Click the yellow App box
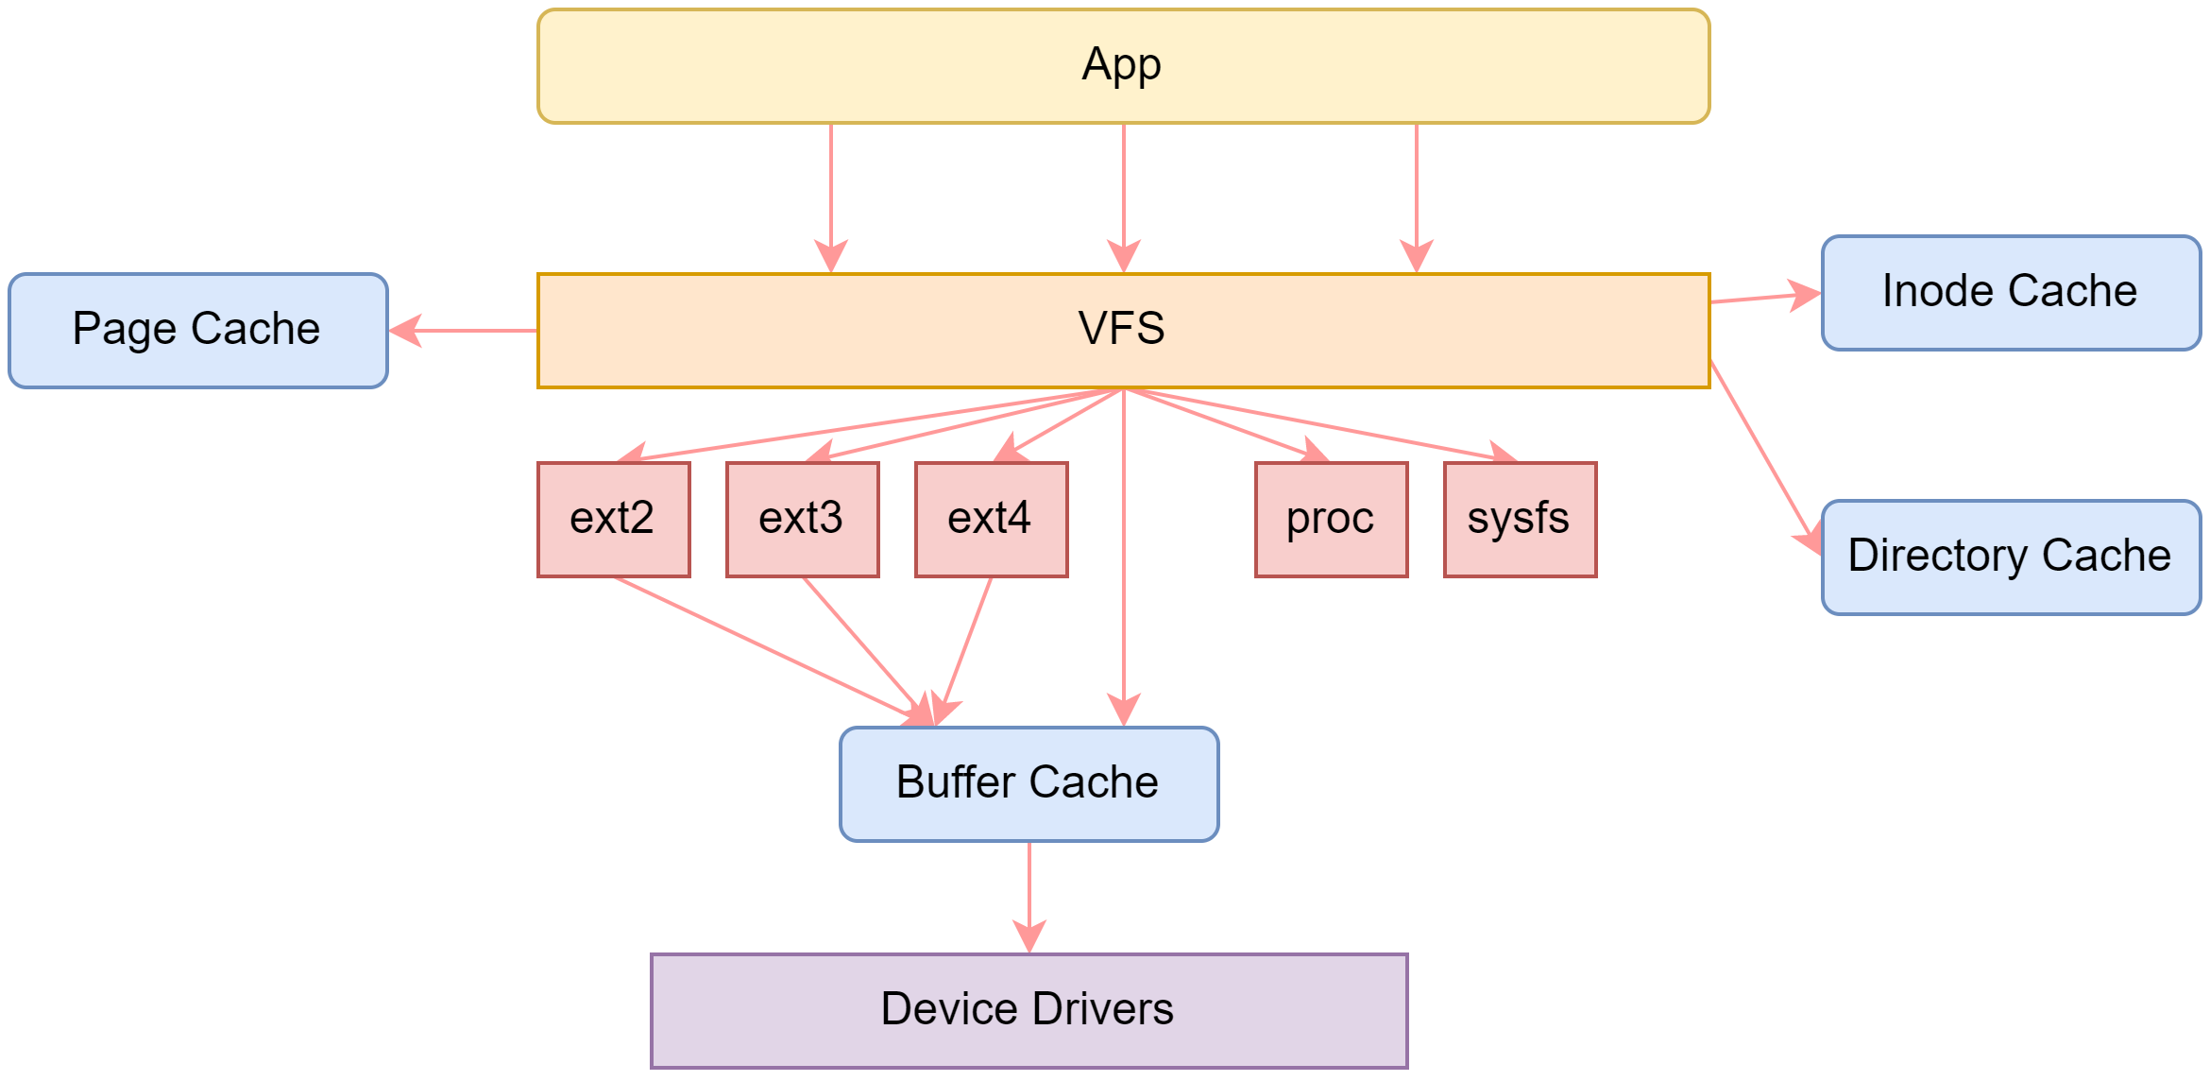coord(1123,66)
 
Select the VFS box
coord(1123,331)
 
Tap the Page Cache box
coord(197,331)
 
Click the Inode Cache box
coord(2010,293)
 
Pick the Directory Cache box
coord(2010,558)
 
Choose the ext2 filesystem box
coord(613,520)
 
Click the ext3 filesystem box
coord(802,520)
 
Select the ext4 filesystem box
coord(991,520)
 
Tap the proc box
coord(1331,520)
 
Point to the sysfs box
coord(1520,520)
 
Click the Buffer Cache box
coord(1028,784)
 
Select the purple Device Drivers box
coord(1028,1011)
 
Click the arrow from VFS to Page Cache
coord(463,331)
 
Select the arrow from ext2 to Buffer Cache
coord(765,649)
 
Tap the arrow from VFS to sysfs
coord(1322,424)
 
